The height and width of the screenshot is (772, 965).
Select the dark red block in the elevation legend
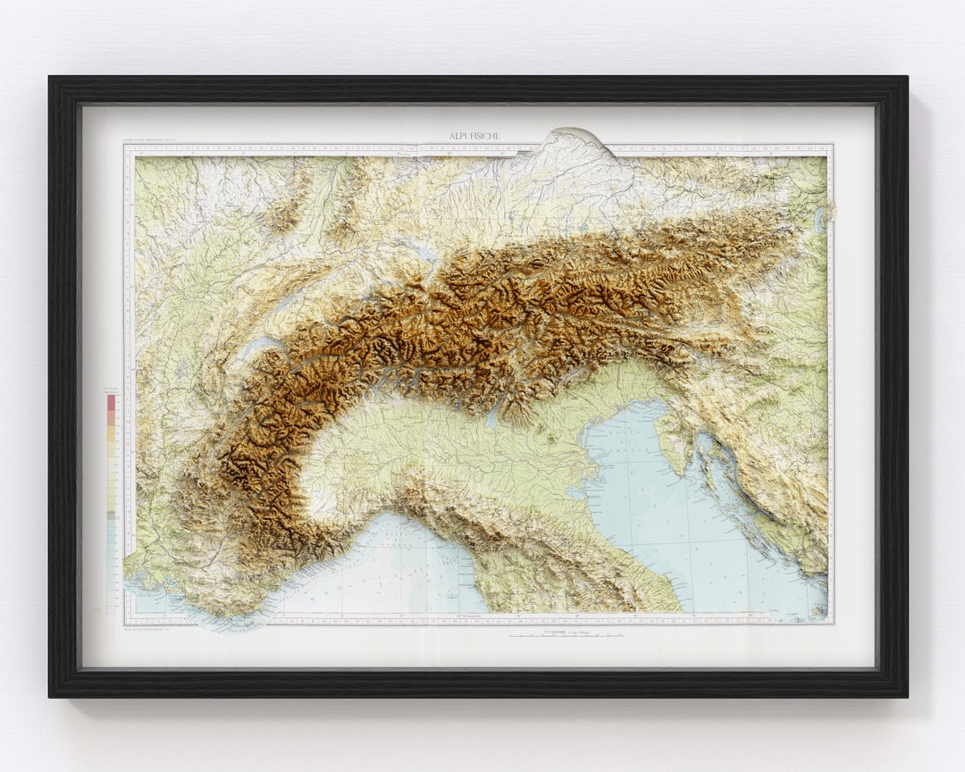point(112,402)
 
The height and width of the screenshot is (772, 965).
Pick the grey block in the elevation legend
point(112,516)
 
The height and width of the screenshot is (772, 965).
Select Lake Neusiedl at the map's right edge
point(819,221)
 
